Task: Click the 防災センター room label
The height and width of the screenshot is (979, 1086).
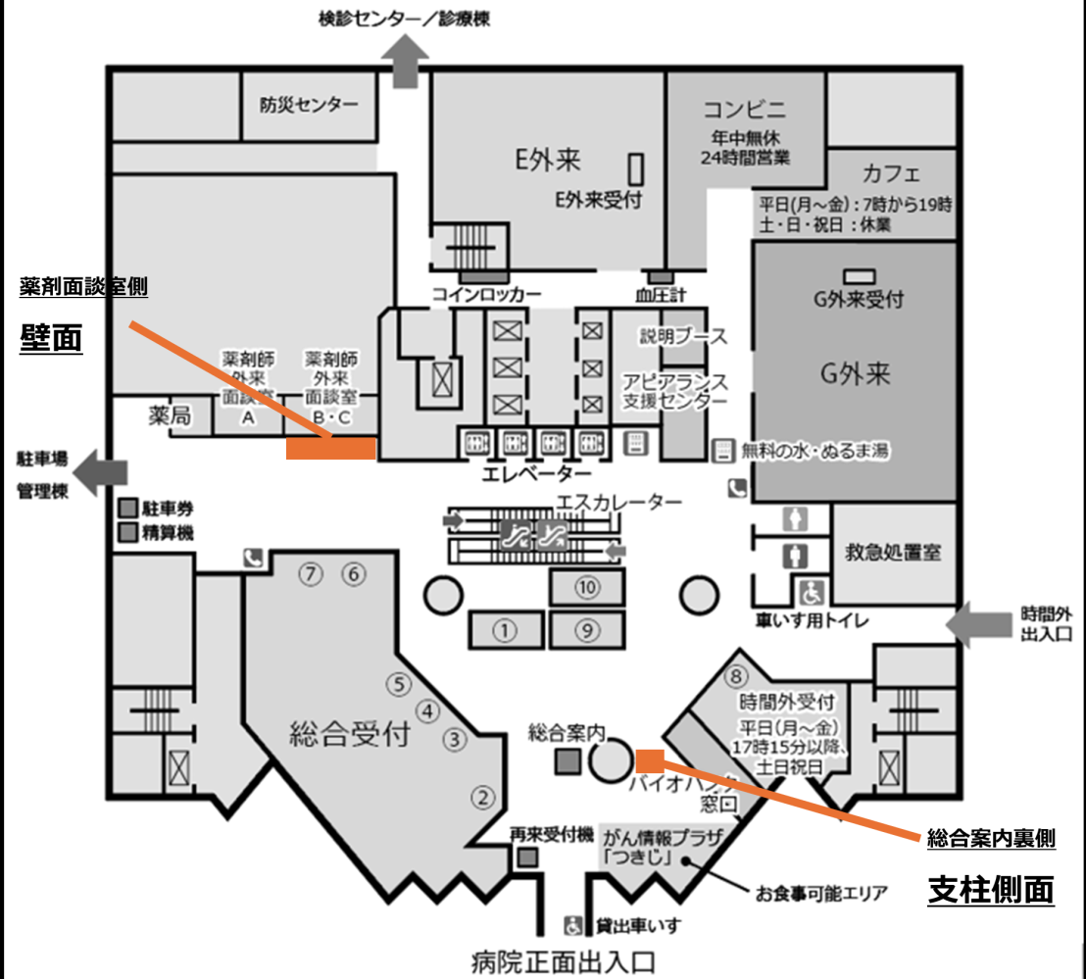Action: coord(309,105)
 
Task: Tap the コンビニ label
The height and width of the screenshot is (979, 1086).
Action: coord(745,109)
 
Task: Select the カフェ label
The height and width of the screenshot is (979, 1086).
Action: coord(891,174)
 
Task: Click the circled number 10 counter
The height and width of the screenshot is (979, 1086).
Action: coord(586,587)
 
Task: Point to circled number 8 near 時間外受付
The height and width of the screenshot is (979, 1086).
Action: coord(737,676)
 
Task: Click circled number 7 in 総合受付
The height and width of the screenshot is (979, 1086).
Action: coord(312,574)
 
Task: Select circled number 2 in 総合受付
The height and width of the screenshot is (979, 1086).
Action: coord(481,797)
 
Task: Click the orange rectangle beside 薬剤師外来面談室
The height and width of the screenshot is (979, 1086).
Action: coord(331,449)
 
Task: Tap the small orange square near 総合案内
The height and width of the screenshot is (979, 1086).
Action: coord(650,759)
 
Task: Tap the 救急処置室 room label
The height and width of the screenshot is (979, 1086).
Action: coord(893,552)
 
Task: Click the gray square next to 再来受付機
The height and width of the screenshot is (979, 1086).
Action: coord(527,858)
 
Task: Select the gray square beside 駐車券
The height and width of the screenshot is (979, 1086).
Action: coord(127,509)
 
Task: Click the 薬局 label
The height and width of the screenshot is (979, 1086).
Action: coord(170,416)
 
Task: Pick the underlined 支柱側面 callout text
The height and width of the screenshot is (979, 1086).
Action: coord(990,890)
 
